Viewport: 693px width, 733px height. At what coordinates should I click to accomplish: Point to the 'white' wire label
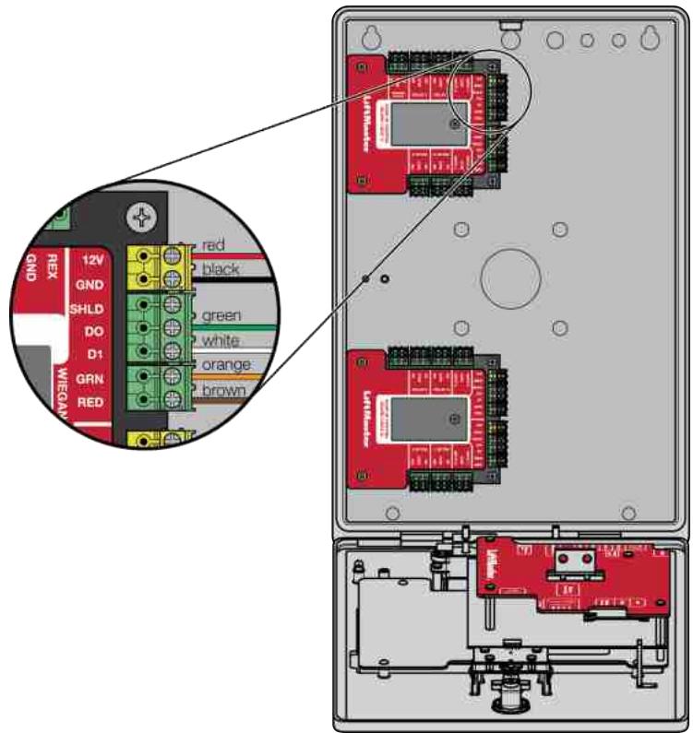click(x=221, y=339)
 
